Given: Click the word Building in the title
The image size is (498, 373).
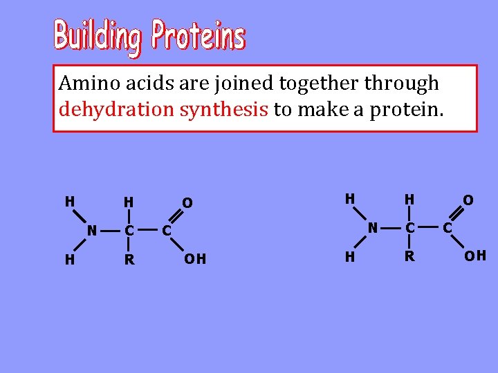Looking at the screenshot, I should tap(99, 37).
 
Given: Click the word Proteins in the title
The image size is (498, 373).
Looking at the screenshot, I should tap(199, 35).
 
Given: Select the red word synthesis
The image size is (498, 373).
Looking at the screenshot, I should tap(224, 109).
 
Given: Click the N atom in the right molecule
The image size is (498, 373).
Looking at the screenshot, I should tap(372, 227).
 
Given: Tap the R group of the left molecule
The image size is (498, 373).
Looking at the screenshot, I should tap(129, 260).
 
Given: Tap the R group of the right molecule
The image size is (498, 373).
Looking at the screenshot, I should tap(409, 256).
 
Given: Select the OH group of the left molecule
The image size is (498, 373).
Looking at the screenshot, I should tap(195, 260).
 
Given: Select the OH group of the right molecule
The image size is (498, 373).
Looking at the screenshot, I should tap(475, 256).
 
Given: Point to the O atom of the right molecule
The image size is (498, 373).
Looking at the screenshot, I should tap(468, 200).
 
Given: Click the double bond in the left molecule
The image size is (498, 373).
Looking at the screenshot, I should tap(177, 216).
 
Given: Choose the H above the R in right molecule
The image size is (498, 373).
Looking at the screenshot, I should tap(409, 200).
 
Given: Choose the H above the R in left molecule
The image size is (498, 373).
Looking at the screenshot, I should tap(129, 202).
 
